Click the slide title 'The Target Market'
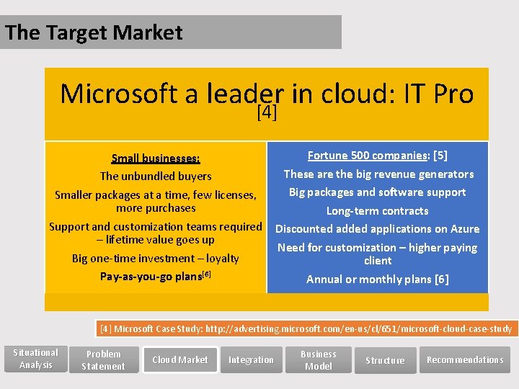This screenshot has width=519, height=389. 94,32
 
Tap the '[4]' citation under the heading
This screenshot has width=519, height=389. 267,112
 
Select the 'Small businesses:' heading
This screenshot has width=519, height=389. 156,158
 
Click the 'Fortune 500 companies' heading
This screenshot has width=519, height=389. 367,156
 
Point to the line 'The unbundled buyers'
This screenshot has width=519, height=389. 156,176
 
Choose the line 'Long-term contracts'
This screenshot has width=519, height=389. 377,211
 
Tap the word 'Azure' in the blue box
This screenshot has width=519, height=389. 464,229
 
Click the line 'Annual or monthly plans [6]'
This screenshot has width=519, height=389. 377,280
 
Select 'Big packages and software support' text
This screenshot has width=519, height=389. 377,192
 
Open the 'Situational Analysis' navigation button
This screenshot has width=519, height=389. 36,359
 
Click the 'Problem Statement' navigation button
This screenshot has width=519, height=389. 103,360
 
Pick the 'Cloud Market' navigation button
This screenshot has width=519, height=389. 180,360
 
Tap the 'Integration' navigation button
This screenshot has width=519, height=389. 251,360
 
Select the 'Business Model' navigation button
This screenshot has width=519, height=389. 319,360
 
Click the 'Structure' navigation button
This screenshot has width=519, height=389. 385,360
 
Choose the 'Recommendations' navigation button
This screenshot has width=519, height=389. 465,360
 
